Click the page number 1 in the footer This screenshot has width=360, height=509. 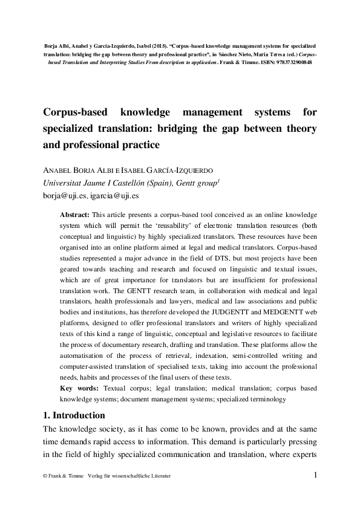pos(315,475)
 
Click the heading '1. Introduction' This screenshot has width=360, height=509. pos(74,415)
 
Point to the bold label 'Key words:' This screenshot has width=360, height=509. pos(80,388)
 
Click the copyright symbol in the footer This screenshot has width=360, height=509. pos(45,476)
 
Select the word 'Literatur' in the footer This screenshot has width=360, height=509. pos(159,476)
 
